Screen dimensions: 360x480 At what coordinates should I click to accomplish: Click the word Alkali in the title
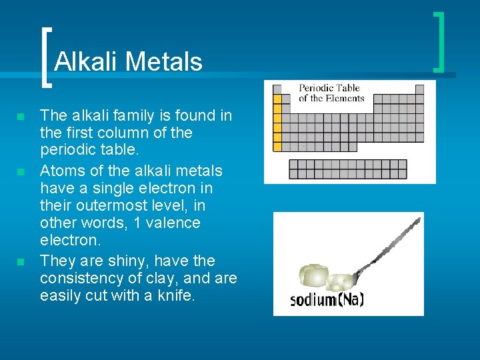click(x=86, y=62)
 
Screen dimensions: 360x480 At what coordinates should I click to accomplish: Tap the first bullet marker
click(x=21, y=117)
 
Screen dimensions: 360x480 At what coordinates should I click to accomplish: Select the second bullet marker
click(x=21, y=172)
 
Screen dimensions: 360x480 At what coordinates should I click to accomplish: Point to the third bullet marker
click(x=21, y=261)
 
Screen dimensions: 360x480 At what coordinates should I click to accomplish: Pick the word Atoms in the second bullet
click(x=61, y=171)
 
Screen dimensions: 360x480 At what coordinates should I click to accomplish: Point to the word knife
click(x=175, y=296)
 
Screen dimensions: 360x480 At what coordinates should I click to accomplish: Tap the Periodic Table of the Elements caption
click(x=331, y=93)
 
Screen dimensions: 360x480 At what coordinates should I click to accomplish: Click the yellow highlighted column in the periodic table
click(x=277, y=121)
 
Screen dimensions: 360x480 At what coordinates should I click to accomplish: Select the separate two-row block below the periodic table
click(x=347, y=169)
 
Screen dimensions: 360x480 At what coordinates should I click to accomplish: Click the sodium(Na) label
click(x=327, y=299)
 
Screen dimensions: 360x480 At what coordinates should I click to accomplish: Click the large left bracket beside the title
click(x=45, y=57)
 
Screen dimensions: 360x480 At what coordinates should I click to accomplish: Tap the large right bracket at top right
click(x=439, y=41)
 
